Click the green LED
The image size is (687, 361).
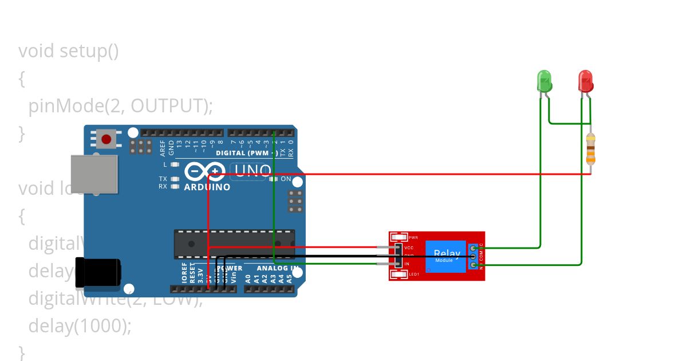click(x=544, y=81)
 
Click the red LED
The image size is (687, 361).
click(x=585, y=81)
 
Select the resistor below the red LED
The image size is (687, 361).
click(x=591, y=148)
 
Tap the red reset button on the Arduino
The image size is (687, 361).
click(x=106, y=139)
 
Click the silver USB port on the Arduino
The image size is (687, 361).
click(x=94, y=174)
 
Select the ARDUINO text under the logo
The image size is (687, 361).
click(x=207, y=187)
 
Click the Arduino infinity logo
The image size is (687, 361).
click(x=204, y=171)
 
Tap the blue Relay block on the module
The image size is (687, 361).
click(x=446, y=256)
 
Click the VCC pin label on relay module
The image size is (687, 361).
click(x=409, y=248)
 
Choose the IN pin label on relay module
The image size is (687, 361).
click(x=406, y=264)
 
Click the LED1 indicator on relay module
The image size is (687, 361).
click(x=413, y=274)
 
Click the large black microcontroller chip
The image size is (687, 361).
click(x=234, y=244)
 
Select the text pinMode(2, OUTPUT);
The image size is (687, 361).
click(x=120, y=106)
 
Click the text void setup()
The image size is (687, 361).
click(x=69, y=51)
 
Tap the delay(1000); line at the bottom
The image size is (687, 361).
click(x=80, y=326)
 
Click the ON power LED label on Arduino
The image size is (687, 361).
click(x=286, y=179)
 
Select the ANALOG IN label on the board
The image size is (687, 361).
click(x=278, y=268)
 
